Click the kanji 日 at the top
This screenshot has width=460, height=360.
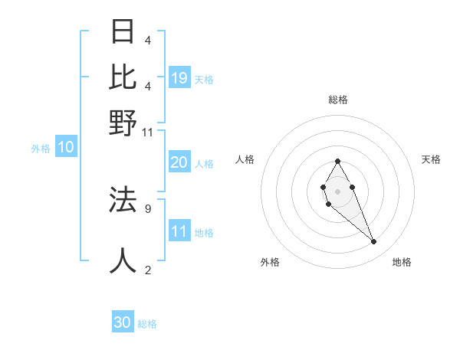[123, 32]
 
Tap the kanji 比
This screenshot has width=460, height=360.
[123, 77]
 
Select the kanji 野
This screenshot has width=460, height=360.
[123, 123]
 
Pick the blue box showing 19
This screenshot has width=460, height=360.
[179, 77]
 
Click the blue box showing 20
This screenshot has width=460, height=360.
[179, 162]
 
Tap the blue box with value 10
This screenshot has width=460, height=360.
[65, 148]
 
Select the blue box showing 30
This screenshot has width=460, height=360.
[123, 322]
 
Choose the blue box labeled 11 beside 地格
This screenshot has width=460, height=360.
[179, 232]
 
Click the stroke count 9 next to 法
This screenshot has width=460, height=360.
[148, 208]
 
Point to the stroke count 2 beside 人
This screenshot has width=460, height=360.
[148, 270]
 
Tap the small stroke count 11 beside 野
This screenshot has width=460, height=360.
[148, 133]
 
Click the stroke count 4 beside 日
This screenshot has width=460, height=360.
[148, 41]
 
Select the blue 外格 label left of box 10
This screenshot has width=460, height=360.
[41, 149]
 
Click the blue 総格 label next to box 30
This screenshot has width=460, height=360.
[147, 324]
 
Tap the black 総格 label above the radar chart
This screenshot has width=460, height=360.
[338, 100]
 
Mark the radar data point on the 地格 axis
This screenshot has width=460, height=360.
[374, 242]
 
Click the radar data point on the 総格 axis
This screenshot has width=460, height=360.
[338, 161]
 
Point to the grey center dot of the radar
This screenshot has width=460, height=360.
[338, 191]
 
